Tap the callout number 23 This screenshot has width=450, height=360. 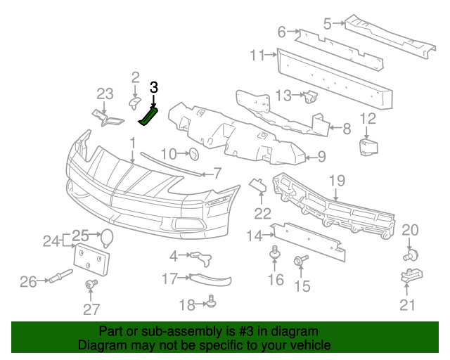point(105,94)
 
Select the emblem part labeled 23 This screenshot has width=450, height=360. point(106,120)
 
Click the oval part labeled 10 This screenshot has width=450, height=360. point(195,155)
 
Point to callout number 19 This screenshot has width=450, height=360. point(337,180)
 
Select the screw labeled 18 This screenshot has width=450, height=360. point(211,303)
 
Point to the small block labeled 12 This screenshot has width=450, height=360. point(368,147)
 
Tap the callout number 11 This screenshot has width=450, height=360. point(257,54)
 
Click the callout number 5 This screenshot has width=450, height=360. point(327,24)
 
